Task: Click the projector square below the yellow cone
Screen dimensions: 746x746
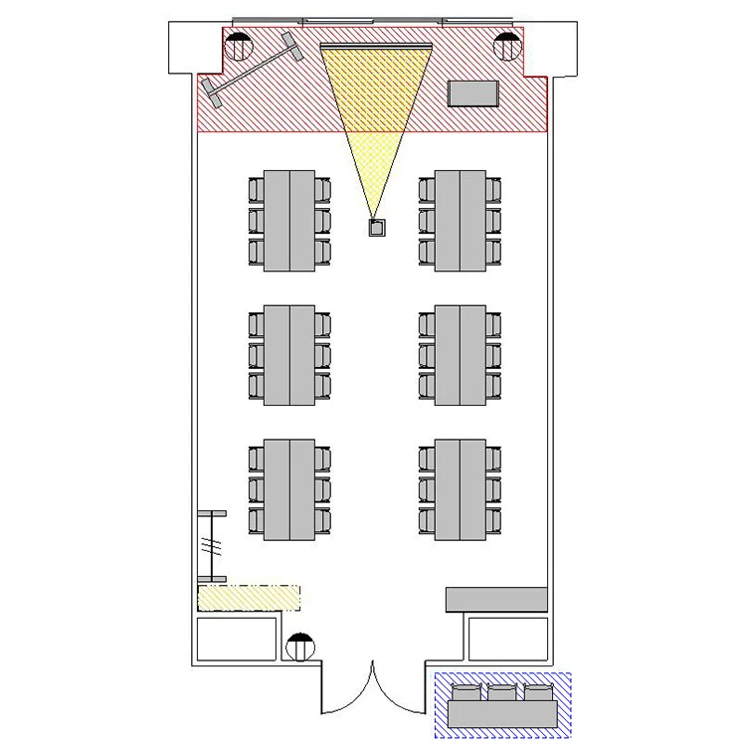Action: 377,228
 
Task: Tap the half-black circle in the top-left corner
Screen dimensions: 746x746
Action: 238,46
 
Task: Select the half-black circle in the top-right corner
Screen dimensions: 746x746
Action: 507,46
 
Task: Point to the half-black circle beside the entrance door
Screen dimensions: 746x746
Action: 300,648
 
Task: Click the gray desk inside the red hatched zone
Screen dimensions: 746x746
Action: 473,93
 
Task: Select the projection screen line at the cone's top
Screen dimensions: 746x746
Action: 377,45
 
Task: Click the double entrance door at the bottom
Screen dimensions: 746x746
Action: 373,686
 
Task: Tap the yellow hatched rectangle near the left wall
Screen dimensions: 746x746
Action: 249,597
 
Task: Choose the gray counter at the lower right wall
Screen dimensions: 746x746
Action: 496,599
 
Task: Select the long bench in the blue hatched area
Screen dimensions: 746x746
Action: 502,713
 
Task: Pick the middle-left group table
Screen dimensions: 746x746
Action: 289,355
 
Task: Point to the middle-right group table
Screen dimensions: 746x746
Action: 461,355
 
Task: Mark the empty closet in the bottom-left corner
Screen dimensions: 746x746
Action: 237,640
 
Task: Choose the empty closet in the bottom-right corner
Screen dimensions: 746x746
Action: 507,640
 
